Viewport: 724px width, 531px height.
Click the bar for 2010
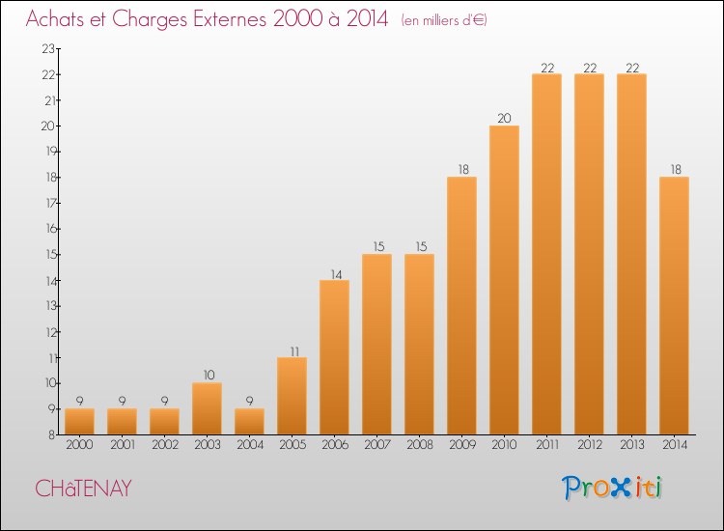[x=504, y=280]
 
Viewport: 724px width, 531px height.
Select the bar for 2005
[x=292, y=396]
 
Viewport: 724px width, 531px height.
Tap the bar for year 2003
[x=207, y=408]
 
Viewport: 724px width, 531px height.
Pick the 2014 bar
[x=674, y=306]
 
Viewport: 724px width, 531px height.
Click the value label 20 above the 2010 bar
[x=504, y=118]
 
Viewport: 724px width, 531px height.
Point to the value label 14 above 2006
[x=336, y=275]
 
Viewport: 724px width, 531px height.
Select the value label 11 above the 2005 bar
[x=294, y=351]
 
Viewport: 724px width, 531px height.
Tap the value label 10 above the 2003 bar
[x=209, y=375]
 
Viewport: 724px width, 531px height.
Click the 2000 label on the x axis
[x=79, y=445]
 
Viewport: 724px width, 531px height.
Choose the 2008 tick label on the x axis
[x=420, y=445]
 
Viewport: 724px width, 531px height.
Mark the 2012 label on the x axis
[x=590, y=445]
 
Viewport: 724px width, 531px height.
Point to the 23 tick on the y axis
[x=48, y=49]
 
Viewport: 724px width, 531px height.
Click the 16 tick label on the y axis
[x=51, y=229]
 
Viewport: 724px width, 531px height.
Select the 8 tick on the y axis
[x=52, y=434]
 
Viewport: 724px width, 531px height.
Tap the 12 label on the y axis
[x=51, y=332]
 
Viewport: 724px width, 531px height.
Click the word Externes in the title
[x=230, y=19]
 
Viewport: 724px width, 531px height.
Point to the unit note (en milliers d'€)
[x=444, y=20]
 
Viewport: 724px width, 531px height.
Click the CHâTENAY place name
[x=84, y=489]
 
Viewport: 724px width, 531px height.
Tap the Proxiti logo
[x=611, y=488]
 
